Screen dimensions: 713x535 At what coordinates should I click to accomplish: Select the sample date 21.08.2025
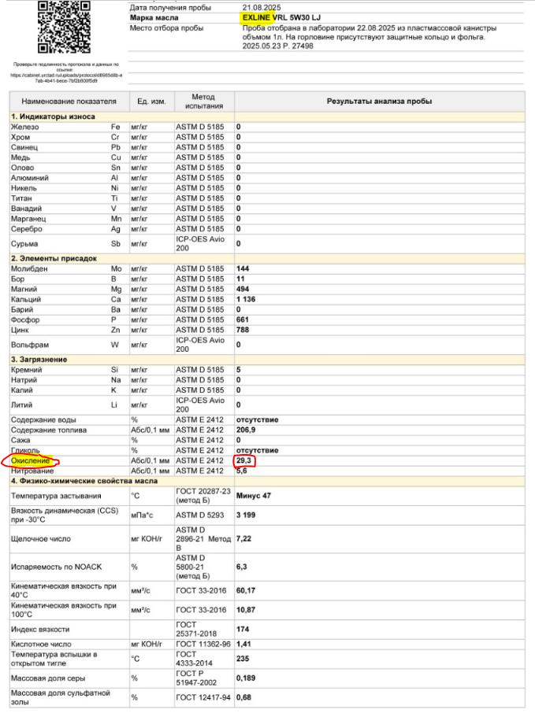point(262,7)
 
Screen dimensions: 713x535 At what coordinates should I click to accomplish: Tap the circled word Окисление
point(31,460)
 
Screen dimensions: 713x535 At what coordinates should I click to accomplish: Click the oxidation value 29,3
point(246,460)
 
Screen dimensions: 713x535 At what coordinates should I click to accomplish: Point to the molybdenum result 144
point(243,269)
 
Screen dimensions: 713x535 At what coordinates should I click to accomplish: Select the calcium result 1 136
point(246,299)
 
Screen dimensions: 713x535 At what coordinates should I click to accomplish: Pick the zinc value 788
point(243,330)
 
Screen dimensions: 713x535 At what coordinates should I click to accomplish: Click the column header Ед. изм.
point(150,102)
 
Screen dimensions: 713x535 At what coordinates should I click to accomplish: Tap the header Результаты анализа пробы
point(379,102)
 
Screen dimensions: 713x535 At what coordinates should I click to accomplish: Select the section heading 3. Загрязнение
point(39,360)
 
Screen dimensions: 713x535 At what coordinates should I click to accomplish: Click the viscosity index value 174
point(243,629)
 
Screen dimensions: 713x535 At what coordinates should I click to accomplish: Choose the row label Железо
point(24,127)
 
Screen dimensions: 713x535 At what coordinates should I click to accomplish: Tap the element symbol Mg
point(116,289)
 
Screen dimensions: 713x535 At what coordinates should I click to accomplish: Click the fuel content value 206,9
point(247,430)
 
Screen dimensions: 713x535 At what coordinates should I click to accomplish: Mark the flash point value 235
point(243,659)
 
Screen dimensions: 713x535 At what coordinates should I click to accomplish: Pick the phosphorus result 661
point(243,320)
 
